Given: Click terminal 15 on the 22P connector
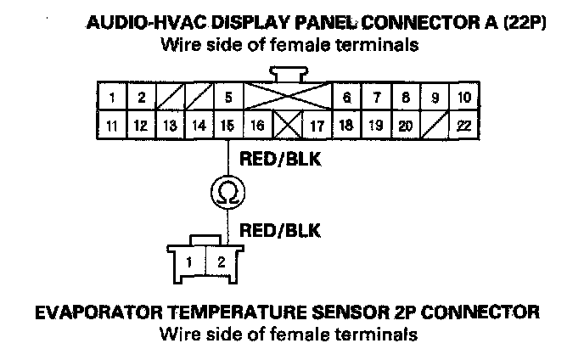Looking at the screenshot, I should pyautogui.click(x=227, y=127).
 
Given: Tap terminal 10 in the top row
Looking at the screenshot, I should pyautogui.click(x=462, y=98).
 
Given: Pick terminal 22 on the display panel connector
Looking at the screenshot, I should pyautogui.click(x=462, y=127).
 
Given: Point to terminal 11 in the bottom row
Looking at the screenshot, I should pyautogui.click(x=111, y=127).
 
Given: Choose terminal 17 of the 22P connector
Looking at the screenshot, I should pyautogui.click(x=317, y=127).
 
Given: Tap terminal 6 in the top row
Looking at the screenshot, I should pyautogui.click(x=346, y=98).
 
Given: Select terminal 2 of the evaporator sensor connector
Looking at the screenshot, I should pyautogui.click(x=222, y=262).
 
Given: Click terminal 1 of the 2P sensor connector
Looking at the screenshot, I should pyautogui.click(x=192, y=262).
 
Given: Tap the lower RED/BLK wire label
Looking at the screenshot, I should pyautogui.click(x=274, y=228).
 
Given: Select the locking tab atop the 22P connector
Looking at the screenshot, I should pyautogui.click(x=286, y=75).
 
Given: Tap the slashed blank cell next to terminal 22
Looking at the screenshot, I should pyautogui.click(x=433, y=127).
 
